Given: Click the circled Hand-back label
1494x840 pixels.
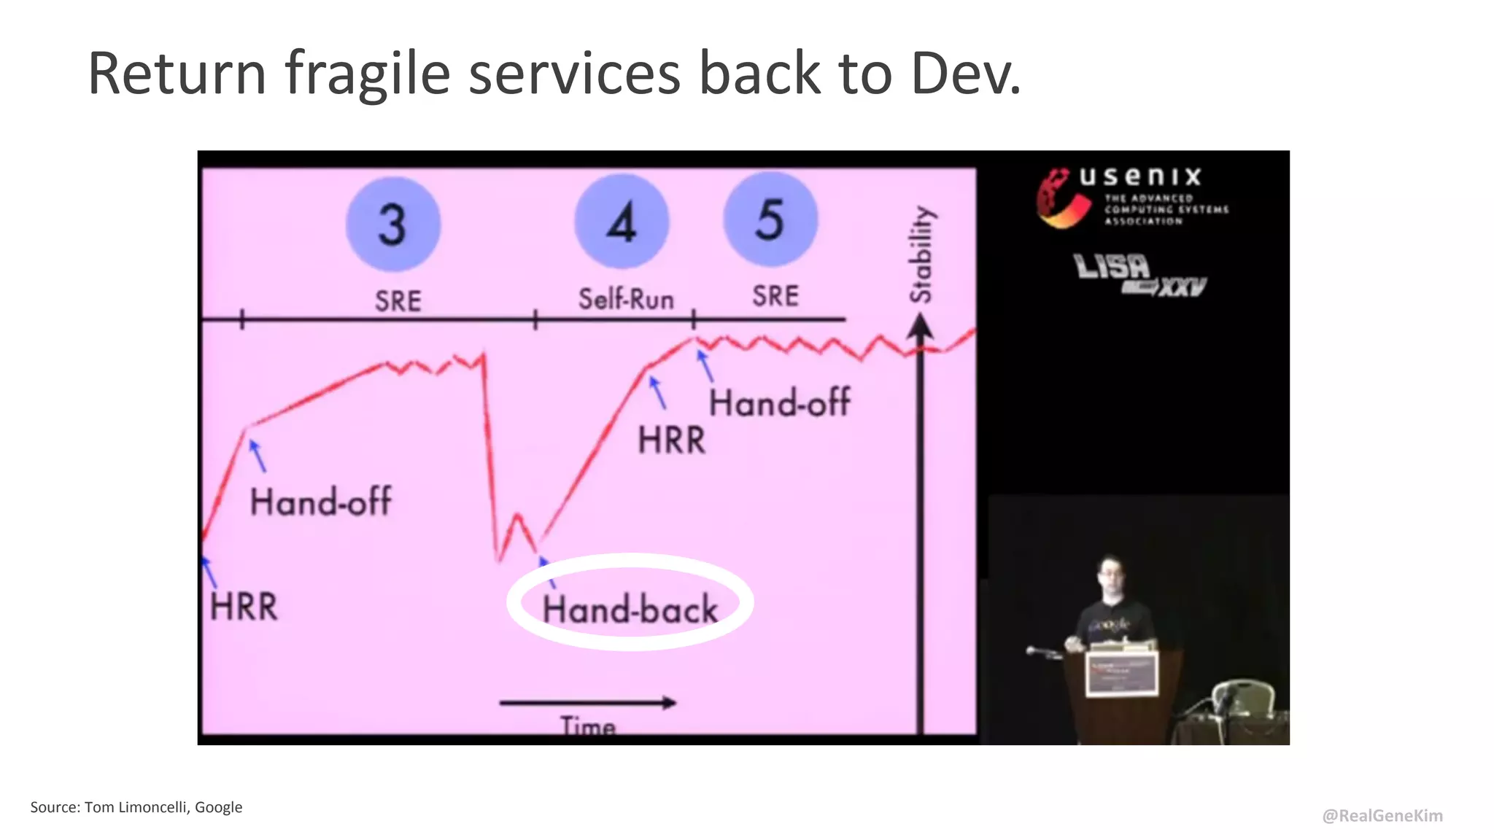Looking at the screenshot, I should (630, 609).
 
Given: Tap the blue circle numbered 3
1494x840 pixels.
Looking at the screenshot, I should (393, 224).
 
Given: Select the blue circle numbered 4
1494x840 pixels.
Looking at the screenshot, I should (622, 222).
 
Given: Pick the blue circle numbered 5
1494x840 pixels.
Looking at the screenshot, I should (770, 219).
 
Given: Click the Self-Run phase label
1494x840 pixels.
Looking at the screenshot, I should (626, 299).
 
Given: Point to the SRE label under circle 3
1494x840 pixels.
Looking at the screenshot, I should (398, 300).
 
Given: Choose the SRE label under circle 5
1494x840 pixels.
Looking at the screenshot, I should (775, 296).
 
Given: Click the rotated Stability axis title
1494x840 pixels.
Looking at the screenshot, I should (921, 254).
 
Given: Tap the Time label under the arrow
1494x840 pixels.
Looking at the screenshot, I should (588, 726).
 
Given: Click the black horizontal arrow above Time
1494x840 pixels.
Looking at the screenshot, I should (587, 703).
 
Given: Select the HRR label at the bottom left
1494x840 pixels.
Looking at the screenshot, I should (244, 607).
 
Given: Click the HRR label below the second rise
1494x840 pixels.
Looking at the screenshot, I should (672, 440).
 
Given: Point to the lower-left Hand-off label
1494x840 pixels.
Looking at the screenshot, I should (320, 502).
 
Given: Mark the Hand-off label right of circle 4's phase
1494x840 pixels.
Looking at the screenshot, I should (779, 402).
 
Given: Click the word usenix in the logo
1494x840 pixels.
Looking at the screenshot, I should (1139, 176).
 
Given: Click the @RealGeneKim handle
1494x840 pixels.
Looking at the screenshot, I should (1382, 815).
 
